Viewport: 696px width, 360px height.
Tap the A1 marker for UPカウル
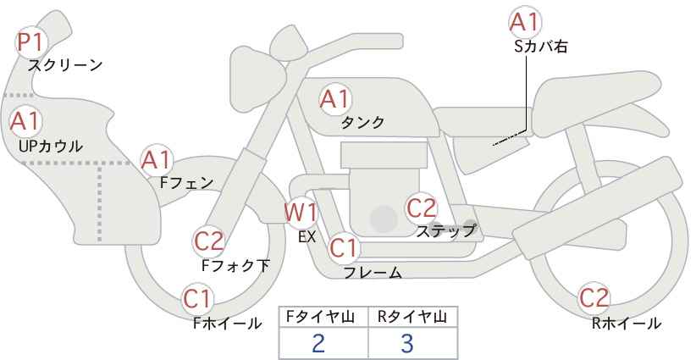[25, 121]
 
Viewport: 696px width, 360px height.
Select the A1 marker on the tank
[335, 99]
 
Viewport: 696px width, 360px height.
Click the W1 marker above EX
[301, 213]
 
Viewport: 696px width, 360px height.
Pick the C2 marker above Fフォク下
[209, 241]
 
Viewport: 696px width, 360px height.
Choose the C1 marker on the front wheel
[198, 299]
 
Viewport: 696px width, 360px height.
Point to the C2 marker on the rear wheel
[594, 298]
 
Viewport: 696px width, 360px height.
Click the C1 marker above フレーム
[344, 247]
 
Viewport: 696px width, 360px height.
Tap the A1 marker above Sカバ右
[526, 22]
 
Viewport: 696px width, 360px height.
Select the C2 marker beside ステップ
[422, 208]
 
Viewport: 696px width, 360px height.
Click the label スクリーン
[65, 66]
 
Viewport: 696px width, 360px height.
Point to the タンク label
[362, 122]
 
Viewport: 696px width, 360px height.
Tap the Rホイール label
[627, 324]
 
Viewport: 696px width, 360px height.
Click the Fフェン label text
[186, 183]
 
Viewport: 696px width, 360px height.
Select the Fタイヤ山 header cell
[323, 318]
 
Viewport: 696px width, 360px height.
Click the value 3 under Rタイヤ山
[407, 343]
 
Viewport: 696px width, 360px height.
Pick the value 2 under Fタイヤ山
[318, 343]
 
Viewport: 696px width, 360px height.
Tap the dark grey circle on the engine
[384, 219]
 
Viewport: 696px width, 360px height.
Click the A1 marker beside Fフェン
[156, 160]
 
